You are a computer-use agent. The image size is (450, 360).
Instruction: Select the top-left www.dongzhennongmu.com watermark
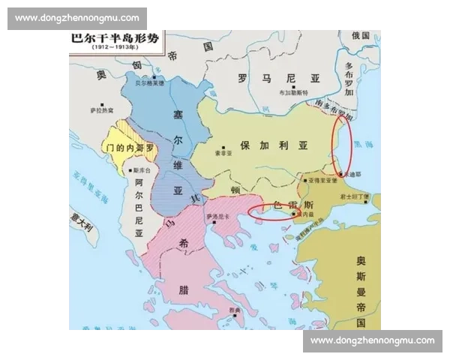pos(77,18)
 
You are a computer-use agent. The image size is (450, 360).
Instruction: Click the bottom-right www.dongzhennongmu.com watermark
pos(373,340)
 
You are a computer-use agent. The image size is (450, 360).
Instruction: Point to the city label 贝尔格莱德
pos(149,84)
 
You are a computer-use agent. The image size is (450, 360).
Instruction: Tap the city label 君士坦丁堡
pos(354,196)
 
